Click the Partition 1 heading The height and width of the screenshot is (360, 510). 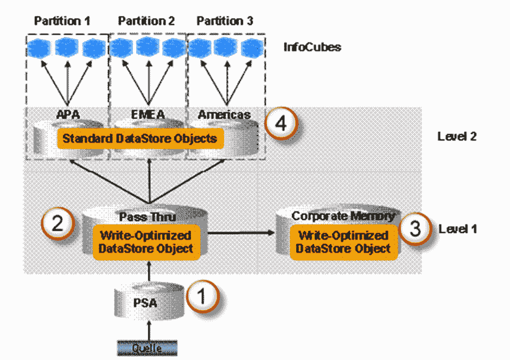pos(62,21)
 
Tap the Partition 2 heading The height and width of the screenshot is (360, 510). pos(146,21)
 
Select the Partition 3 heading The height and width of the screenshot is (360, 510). pos(225,21)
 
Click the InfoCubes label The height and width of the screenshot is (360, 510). pos(313,47)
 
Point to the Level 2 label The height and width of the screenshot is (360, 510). pos(457,137)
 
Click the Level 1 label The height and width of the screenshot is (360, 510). pos(457,229)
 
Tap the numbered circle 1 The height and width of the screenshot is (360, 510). pos(202,297)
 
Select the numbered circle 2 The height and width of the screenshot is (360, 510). pos(58,223)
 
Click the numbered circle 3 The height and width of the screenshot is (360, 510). pos(416,229)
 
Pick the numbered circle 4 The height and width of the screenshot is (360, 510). pos(280,124)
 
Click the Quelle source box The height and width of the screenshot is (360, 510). pos(147,348)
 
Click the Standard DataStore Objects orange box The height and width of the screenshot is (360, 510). pos(140,139)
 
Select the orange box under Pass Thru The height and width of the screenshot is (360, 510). pos(146,242)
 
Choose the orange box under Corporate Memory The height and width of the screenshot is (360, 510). pos(344,242)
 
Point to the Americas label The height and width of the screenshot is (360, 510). pos(224,115)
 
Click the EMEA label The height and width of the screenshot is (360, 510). pos(148,115)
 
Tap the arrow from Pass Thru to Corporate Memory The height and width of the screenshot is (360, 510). pos(241,233)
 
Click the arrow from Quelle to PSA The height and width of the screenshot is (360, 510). pos(149,331)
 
